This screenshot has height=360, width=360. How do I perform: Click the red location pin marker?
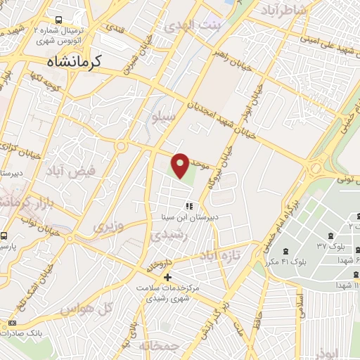pos(181,165)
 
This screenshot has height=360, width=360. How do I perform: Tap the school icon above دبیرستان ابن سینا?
pos(188,206)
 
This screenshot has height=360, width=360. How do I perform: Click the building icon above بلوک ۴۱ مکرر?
pos(285,250)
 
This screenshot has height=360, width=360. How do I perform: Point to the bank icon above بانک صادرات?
pos(11,323)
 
